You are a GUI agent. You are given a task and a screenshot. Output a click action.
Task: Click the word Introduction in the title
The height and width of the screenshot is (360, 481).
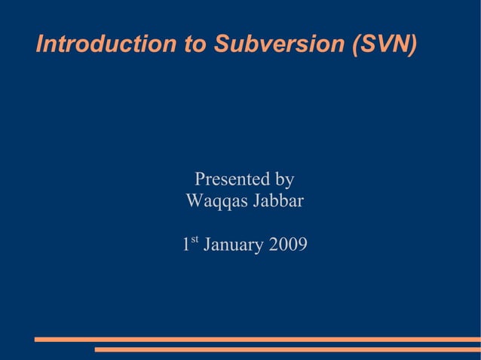click(106, 44)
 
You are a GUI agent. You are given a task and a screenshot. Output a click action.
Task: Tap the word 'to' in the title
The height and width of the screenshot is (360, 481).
click(195, 44)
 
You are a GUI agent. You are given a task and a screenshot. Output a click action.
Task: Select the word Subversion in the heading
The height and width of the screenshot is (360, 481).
click(279, 44)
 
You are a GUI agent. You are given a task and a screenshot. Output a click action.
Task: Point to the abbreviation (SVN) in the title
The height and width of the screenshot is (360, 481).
click(384, 44)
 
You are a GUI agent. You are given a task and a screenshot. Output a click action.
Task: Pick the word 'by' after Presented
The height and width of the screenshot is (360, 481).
click(284, 181)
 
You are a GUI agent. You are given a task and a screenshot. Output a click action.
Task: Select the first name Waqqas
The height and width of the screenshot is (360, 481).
click(217, 202)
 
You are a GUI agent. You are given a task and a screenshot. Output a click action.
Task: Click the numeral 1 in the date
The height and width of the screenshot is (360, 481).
click(185, 246)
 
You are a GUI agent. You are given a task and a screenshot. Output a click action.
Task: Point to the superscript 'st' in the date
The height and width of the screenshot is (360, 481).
click(195, 241)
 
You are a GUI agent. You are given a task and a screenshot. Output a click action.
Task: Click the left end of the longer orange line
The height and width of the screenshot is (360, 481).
click(36, 340)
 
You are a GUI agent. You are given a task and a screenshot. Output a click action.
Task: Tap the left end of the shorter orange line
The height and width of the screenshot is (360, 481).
click(97, 349)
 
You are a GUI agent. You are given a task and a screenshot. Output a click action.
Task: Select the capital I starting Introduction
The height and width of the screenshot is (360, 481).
click(40, 44)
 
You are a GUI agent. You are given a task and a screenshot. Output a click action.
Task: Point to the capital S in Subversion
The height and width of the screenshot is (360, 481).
click(221, 44)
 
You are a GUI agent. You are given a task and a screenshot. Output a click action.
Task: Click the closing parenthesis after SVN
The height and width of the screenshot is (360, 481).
click(412, 44)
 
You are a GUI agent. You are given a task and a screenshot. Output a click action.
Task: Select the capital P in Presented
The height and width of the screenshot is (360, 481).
click(201, 179)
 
